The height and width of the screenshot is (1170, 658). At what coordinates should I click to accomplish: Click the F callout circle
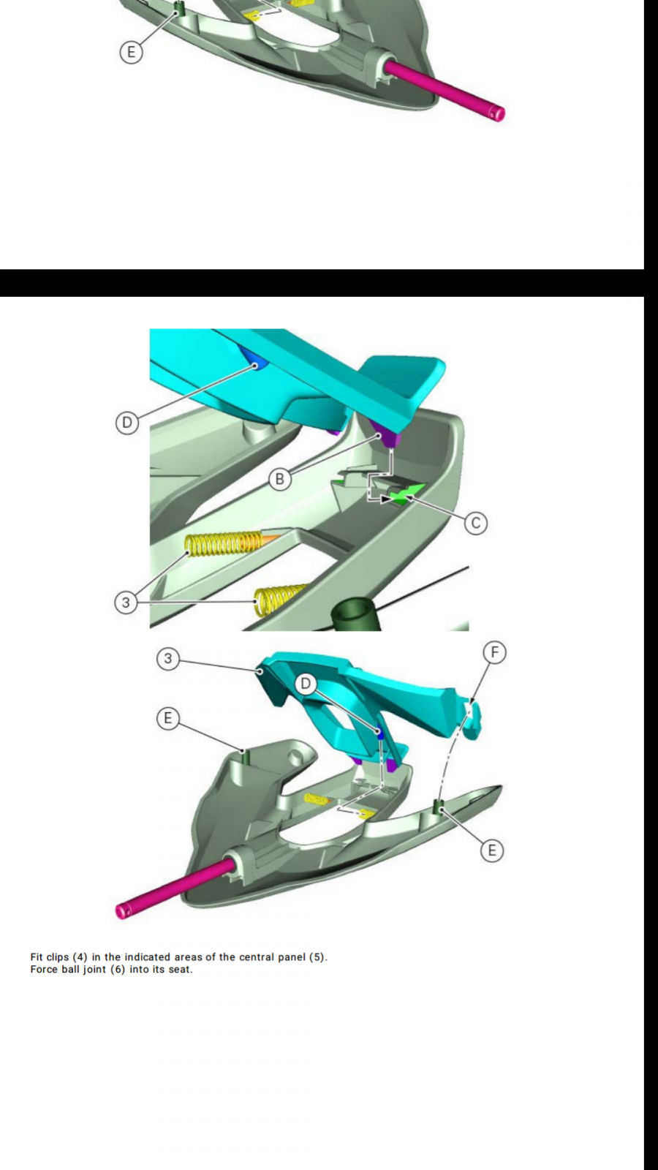494,653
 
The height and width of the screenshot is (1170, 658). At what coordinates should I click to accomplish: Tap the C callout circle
475,523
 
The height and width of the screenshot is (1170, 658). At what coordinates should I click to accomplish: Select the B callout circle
279,479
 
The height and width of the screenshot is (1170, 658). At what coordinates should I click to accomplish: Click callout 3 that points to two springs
125,603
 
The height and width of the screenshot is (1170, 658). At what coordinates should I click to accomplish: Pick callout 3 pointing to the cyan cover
167,659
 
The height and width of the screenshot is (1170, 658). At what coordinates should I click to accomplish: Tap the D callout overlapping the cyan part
306,683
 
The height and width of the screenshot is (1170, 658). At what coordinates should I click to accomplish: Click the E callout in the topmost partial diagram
131,52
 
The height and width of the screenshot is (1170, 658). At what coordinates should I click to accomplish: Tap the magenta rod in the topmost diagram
445,90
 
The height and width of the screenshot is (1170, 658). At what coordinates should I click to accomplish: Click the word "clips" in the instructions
58,957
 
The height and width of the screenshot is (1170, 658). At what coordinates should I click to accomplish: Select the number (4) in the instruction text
80,957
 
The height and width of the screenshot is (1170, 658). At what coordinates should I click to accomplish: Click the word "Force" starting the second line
43,970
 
